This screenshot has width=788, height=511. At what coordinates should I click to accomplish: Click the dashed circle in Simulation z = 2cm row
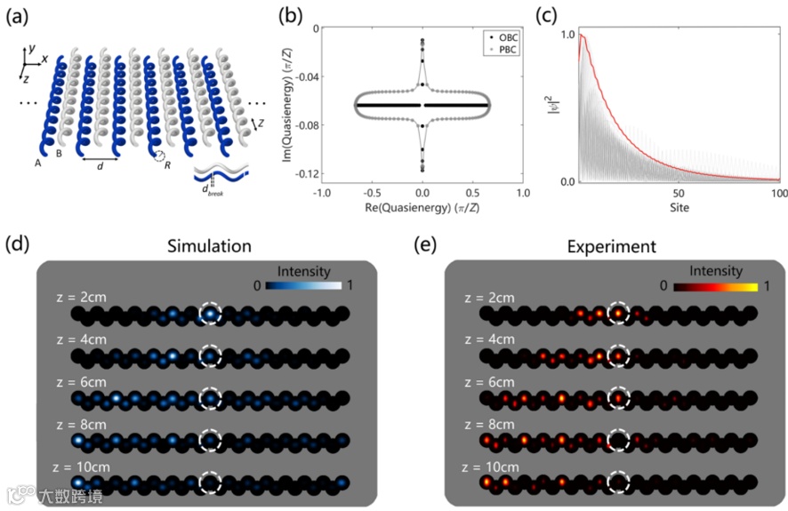coord(210,314)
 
